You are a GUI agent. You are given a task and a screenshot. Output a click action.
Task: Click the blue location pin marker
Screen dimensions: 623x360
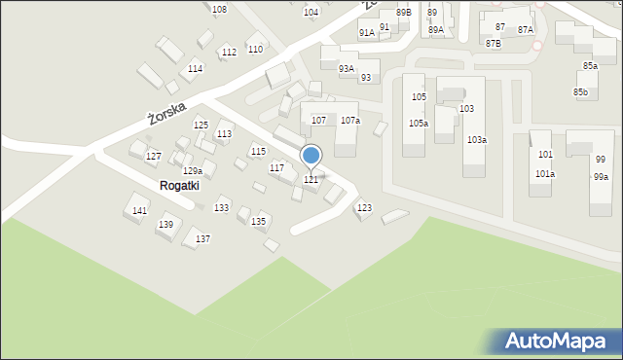point(311,157)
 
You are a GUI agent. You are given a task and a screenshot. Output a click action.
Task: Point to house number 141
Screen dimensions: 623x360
point(140,211)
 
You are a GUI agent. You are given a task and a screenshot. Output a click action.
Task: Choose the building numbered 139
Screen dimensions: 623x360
point(166,225)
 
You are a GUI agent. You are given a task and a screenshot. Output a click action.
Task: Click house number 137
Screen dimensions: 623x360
point(202,239)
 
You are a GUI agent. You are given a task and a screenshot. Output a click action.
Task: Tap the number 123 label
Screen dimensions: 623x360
point(364,208)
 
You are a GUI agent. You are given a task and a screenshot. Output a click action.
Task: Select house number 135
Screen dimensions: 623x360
point(259,222)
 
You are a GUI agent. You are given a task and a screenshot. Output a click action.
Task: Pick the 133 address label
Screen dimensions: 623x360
point(222,208)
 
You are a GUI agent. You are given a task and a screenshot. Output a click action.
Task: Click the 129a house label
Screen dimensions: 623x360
point(193,171)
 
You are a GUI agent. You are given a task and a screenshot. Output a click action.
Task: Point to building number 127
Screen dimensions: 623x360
point(153,157)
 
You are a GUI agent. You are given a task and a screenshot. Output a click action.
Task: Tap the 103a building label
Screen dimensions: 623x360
point(476,140)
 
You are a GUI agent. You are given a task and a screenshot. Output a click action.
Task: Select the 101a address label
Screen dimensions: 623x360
point(545,174)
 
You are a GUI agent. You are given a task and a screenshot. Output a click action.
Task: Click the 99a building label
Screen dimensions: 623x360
point(601,177)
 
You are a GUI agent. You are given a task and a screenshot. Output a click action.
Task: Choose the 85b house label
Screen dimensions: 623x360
point(581,92)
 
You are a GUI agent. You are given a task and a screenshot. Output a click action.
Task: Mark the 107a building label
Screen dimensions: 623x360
point(350,121)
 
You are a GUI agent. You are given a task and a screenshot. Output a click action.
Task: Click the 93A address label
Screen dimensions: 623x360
point(346,69)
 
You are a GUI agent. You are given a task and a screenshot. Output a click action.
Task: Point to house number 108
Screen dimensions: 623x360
point(219,9)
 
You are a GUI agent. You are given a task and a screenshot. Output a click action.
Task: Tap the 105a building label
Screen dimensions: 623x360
point(419,124)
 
